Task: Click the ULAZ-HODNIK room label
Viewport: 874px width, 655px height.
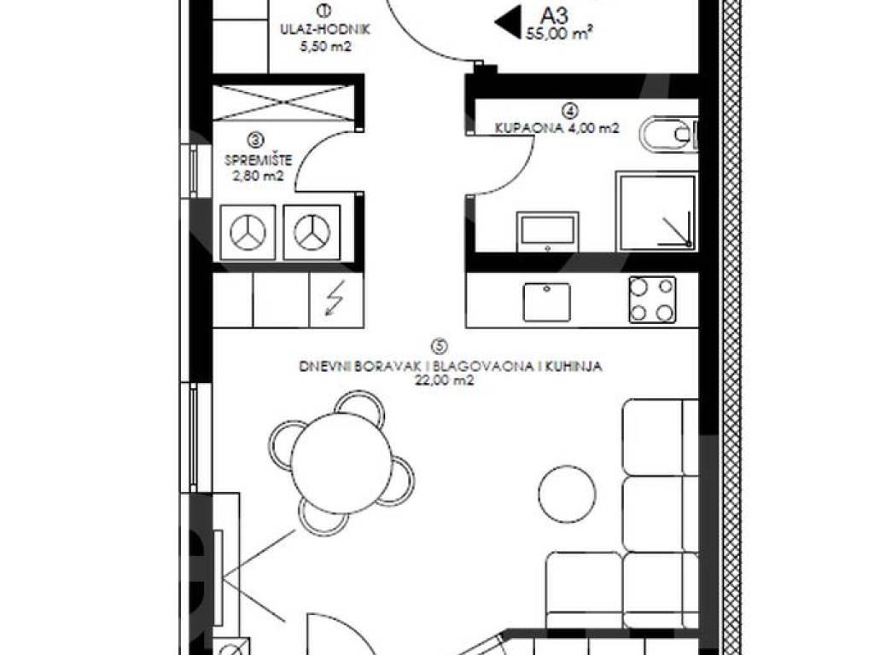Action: coord(325,30)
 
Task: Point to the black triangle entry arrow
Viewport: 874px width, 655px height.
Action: coord(508,22)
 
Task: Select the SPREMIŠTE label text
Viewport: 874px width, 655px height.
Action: coord(258,160)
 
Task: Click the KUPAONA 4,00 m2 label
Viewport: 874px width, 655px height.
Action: coord(556,128)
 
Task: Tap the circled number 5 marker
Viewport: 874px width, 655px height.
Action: coord(440,346)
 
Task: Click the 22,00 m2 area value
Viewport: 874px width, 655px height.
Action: coord(444,381)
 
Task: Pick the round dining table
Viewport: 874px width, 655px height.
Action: coord(341,463)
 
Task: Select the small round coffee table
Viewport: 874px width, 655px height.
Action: coord(567,494)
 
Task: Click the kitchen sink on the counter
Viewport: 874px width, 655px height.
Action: coord(547,302)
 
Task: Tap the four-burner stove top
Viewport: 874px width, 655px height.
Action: coord(652,299)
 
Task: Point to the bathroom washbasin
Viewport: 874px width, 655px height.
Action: coord(547,231)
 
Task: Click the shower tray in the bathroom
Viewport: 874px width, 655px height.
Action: coord(656,212)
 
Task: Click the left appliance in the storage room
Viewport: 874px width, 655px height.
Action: coord(248,232)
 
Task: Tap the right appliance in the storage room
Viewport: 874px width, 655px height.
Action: coord(312,232)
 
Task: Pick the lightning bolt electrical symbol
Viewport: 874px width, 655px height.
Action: coord(335,298)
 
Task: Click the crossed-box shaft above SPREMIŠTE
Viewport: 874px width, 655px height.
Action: coord(284,102)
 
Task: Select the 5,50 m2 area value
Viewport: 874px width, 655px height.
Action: coord(325,47)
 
